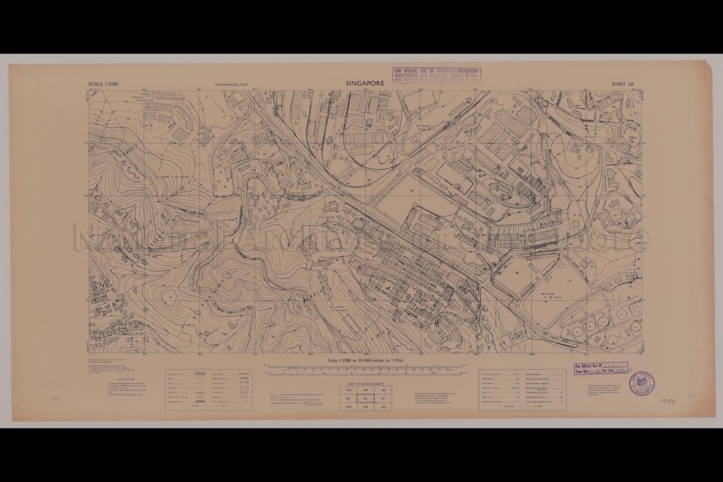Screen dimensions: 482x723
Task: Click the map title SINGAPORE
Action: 365,83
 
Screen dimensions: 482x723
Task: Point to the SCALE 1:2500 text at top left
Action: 103,84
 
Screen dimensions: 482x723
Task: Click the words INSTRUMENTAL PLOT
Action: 231,85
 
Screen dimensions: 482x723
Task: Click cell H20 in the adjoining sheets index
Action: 348,390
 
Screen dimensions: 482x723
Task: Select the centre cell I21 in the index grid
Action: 366,398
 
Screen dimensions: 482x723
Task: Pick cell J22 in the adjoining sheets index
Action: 383,406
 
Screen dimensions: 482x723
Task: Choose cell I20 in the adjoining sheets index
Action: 366,390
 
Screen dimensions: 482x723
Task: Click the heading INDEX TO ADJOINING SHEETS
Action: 366,384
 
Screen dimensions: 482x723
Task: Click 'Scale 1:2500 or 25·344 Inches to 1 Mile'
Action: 365,360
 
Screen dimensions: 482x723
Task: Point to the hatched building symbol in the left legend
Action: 200,373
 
